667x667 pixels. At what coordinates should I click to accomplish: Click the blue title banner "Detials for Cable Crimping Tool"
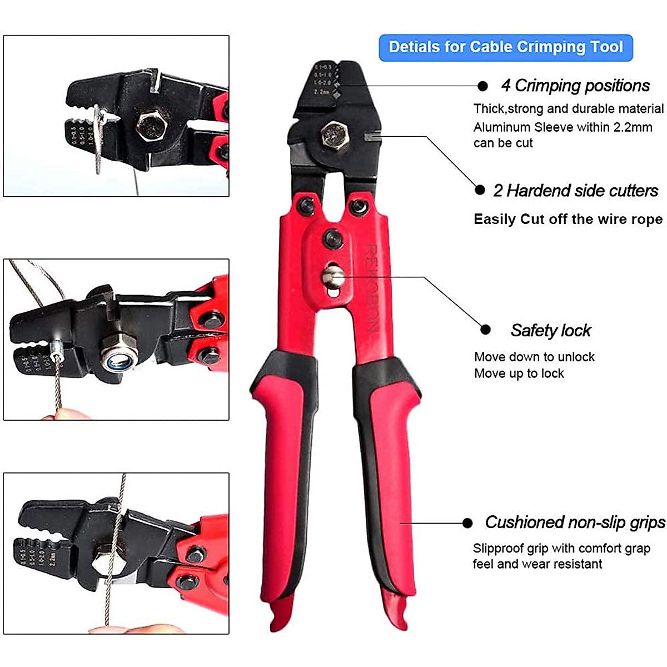pos(505,47)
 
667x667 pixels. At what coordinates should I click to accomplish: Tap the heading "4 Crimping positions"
pos(575,86)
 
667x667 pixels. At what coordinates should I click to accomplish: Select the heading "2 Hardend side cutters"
pos(575,191)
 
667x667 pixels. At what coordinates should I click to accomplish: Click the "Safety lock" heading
pos(550,331)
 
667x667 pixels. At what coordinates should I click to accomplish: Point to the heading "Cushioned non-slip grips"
pos(575,522)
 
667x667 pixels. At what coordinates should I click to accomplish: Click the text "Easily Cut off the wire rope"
pos(568,219)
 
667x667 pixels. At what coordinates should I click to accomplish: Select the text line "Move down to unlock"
pos(534,357)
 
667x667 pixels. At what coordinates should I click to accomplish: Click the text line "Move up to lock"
pos(519,374)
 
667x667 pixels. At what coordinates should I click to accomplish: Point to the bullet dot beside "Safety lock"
pos(485,330)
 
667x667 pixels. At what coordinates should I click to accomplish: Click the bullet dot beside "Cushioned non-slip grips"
pos(467,523)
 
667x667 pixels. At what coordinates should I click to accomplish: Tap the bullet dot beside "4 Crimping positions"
pos(482,86)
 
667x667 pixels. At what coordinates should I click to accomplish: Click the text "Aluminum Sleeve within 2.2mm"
pos(563,127)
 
